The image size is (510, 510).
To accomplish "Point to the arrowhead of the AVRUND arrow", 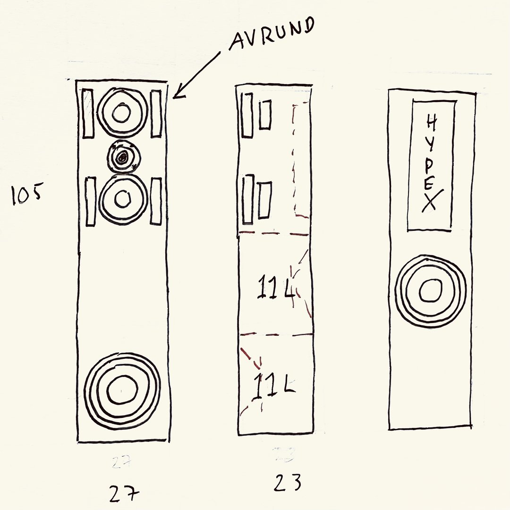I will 174,97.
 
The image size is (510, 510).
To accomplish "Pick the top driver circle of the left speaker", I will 122,112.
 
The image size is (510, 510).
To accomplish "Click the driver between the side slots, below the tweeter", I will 122,199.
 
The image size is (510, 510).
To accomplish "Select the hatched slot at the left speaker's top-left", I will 88,113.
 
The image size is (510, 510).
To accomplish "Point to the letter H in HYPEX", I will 431,124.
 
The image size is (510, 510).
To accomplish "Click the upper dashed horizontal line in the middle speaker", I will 274,233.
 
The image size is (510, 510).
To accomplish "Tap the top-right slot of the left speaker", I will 156,113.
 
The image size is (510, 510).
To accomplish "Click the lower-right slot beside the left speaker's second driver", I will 156,201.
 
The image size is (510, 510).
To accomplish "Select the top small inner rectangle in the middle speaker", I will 265,115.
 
